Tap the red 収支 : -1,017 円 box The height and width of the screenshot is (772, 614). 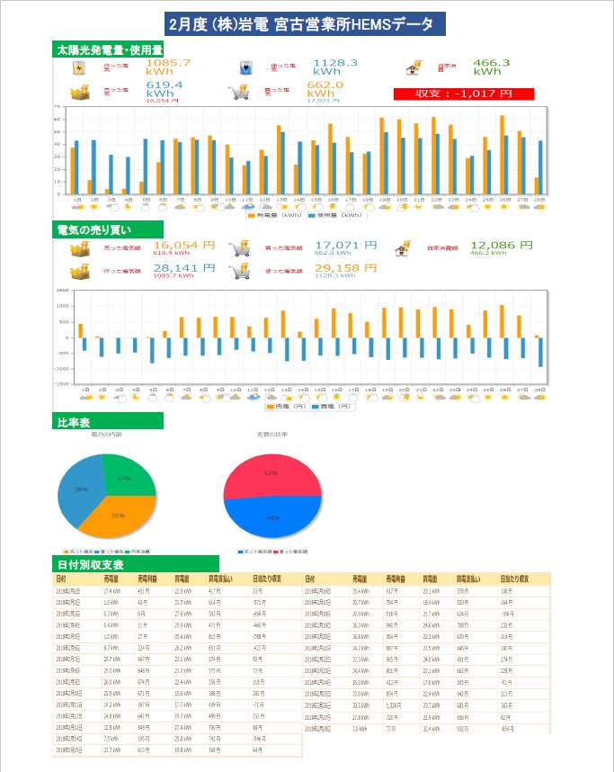click(464, 94)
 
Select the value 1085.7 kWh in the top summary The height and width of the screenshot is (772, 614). click(167, 67)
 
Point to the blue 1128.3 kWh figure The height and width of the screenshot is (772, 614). click(335, 67)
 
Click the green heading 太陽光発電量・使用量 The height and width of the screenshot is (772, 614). click(109, 49)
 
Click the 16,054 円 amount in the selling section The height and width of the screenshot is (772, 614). click(183, 245)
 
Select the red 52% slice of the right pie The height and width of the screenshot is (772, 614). click(271, 473)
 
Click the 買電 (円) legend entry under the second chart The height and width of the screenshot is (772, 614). click(330, 407)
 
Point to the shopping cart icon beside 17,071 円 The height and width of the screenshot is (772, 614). click(239, 247)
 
